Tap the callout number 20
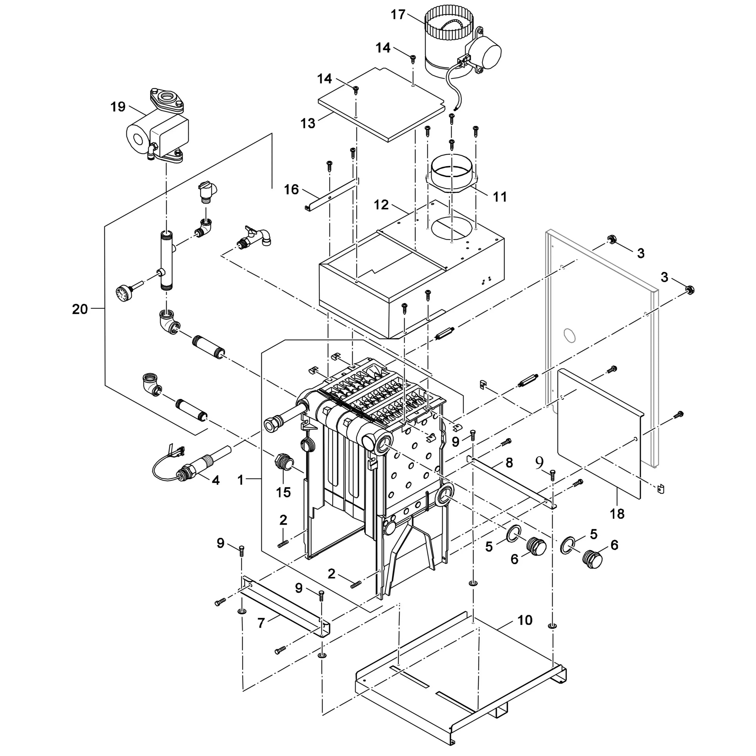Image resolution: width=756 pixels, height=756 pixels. click(80, 309)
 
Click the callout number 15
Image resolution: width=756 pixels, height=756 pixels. click(283, 492)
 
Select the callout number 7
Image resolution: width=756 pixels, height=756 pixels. click(261, 623)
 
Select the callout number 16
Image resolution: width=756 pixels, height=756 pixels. click(291, 190)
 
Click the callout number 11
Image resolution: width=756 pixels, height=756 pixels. click(500, 197)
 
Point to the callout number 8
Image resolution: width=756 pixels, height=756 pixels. click(509, 463)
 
